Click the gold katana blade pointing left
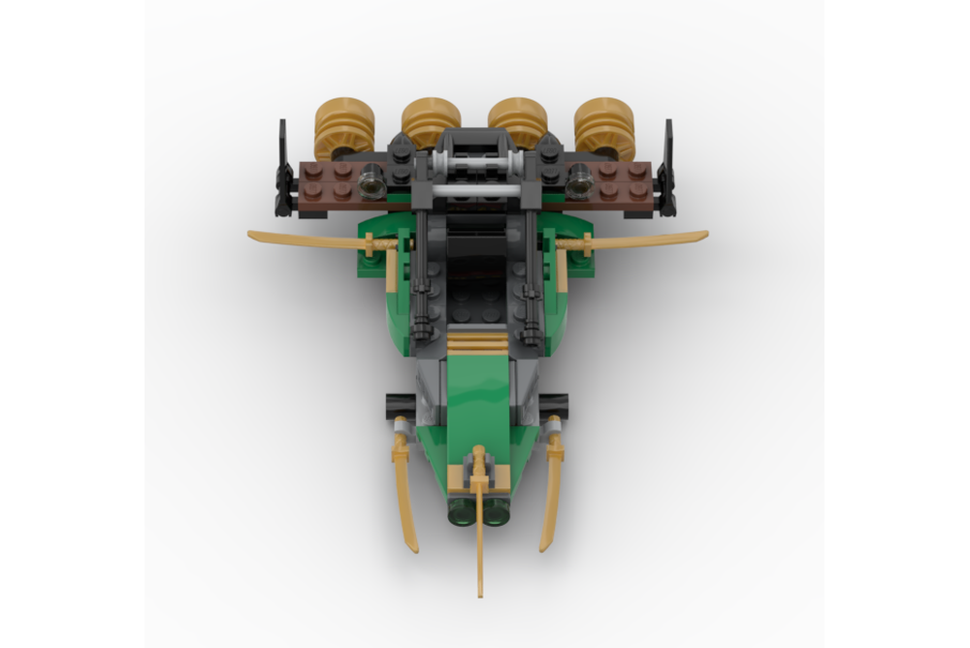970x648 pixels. click(301, 239)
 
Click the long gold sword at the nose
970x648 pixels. click(479, 524)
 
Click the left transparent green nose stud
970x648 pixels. click(460, 511)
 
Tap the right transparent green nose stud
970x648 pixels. click(497, 511)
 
